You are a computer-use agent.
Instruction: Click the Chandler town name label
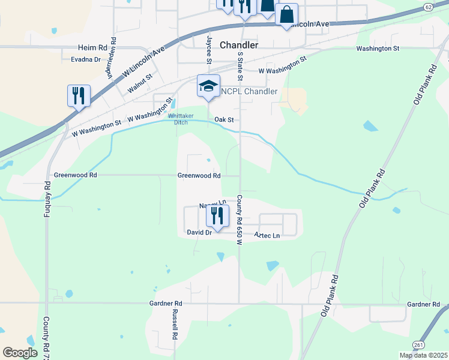pos(239,45)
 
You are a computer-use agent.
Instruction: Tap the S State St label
pos(240,66)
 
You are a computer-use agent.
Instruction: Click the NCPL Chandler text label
pos(249,91)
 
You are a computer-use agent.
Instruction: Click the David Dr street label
pos(199,232)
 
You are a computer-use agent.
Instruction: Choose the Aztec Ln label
pos(267,236)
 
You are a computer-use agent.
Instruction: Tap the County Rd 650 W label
pos(239,220)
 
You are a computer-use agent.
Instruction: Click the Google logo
pos(20,353)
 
